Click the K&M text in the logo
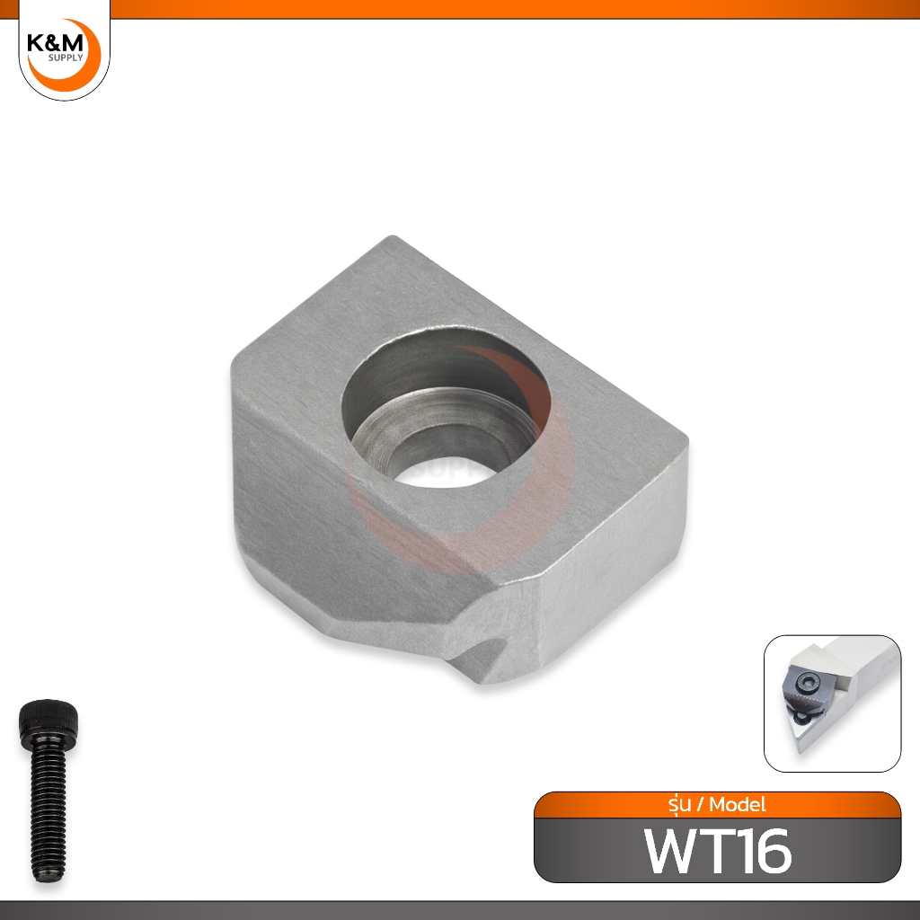[55, 44]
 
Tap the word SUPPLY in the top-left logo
[66, 58]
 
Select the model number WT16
[718, 851]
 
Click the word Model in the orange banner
[738, 804]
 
